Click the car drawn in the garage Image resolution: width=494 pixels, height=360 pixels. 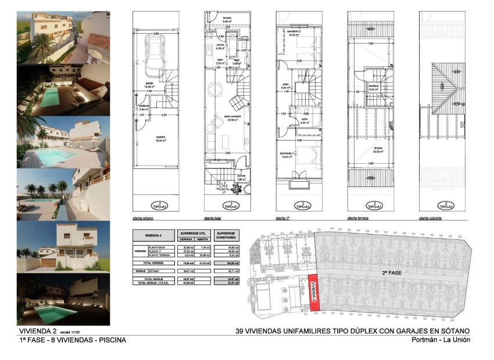coord(154,57)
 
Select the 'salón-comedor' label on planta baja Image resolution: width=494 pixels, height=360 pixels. coord(226,117)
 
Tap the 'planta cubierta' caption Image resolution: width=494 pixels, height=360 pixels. coord(430,219)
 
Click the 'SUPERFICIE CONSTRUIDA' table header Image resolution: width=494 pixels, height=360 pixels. coord(225,235)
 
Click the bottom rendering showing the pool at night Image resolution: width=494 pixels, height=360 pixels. coord(63,300)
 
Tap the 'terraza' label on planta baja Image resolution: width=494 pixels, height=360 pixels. coord(227,18)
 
